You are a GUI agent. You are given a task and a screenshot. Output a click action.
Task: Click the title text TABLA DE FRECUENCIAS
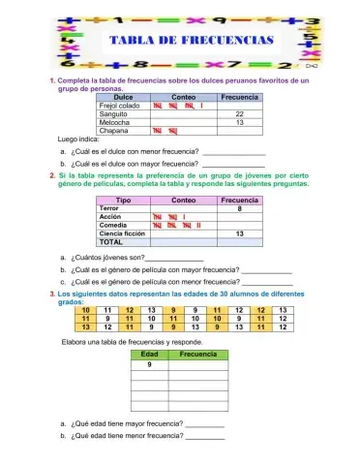click(x=192, y=41)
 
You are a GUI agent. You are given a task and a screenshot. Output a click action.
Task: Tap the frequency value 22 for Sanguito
click(x=239, y=114)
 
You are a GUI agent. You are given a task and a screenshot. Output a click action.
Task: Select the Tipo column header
click(x=124, y=199)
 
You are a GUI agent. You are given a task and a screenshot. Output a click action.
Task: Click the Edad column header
click(x=149, y=356)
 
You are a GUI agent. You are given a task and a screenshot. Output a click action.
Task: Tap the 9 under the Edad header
click(x=149, y=365)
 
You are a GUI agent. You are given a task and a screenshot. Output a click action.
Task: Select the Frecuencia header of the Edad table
click(x=198, y=356)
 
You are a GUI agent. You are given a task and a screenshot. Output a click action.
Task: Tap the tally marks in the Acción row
click(x=169, y=217)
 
